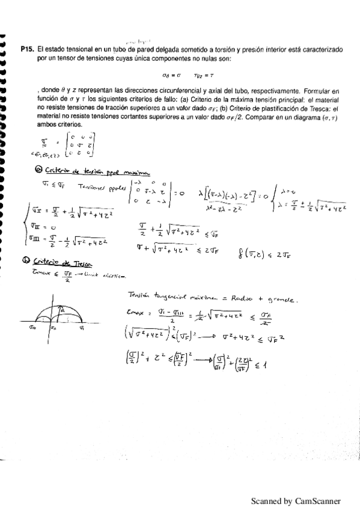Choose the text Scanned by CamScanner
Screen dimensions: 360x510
click(296, 500)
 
